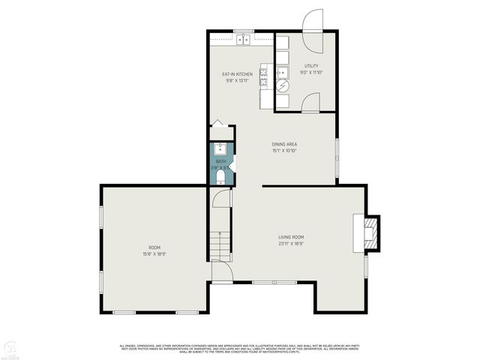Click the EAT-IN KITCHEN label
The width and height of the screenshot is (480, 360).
(x=236, y=74)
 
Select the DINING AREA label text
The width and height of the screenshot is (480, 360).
(x=284, y=144)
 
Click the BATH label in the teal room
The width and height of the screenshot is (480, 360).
(x=220, y=161)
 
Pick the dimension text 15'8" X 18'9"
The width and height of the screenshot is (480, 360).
(x=154, y=253)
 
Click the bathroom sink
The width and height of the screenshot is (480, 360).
(x=220, y=148)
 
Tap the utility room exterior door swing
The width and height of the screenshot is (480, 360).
(x=312, y=21)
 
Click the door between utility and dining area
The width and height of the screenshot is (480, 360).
(x=310, y=102)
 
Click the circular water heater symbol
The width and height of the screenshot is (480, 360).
(x=283, y=86)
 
